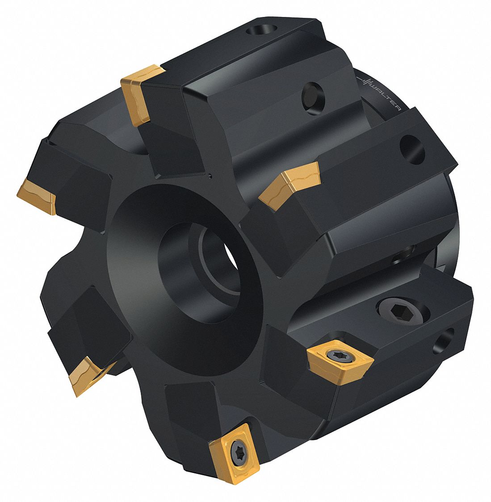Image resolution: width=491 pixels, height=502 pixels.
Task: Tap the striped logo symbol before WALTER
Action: click(365, 83)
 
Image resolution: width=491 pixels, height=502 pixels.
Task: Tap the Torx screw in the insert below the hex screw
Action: click(336, 356)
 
